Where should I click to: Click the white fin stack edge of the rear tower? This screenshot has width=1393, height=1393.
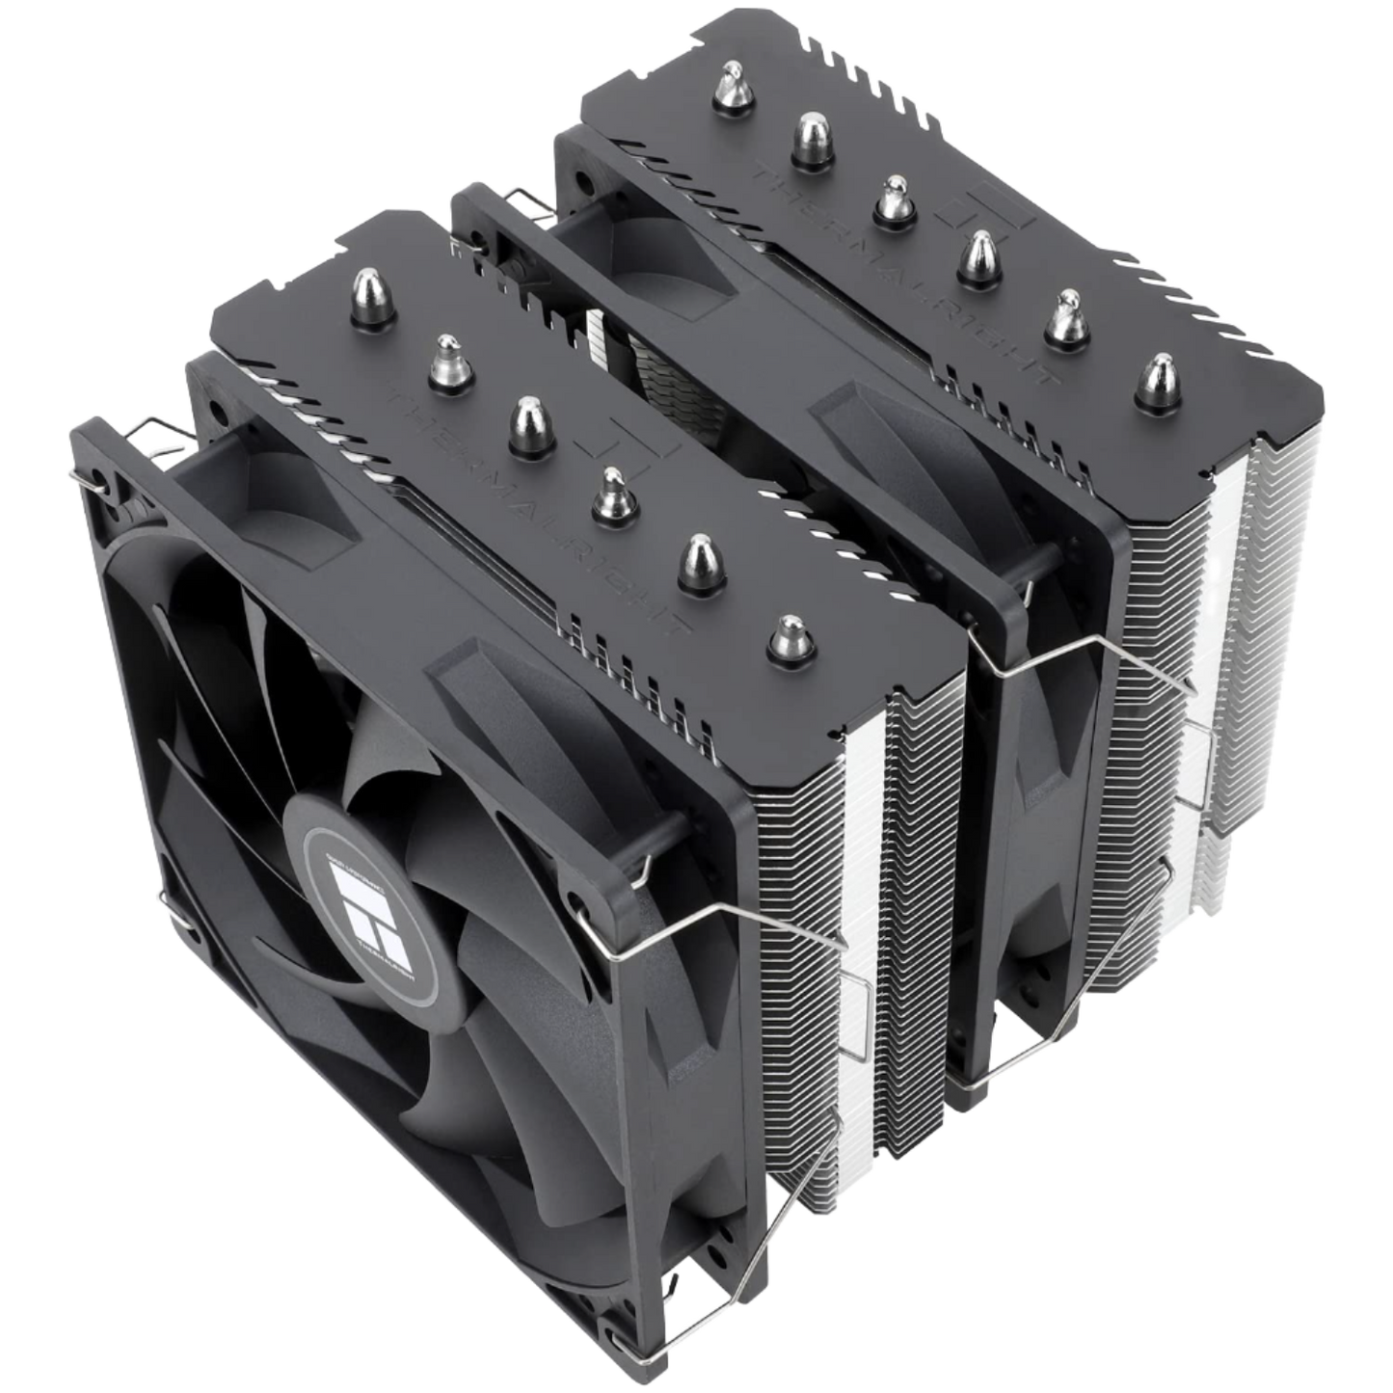tap(1244, 578)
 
